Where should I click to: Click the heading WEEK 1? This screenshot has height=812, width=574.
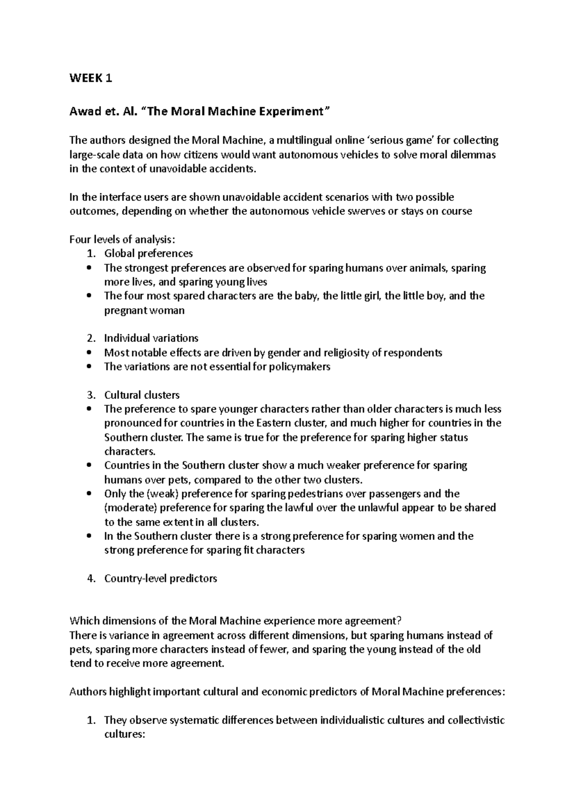[91, 78]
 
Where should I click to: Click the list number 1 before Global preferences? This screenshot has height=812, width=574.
[91, 253]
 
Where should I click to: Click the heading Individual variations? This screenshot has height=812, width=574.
[151, 339]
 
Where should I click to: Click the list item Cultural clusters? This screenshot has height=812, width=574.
[142, 395]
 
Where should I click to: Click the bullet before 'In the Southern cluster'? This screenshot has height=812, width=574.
[89, 537]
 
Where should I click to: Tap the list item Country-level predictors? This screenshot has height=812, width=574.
[160, 579]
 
